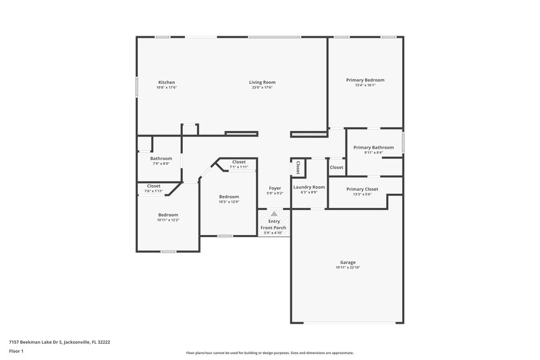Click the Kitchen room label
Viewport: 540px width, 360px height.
(166, 82)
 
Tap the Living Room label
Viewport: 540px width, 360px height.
(263, 82)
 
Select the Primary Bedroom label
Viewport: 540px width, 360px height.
(365, 80)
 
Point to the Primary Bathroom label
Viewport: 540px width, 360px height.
(373, 147)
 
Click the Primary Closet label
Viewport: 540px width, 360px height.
(362, 189)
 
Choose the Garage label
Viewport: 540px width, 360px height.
(348, 262)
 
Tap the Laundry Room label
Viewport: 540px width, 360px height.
(309, 186)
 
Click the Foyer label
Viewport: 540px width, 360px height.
(275, 188)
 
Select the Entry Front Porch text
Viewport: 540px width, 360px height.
(274, 224)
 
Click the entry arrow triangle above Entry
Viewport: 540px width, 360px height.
(274, 213)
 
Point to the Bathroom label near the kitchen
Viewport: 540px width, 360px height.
(161, 158)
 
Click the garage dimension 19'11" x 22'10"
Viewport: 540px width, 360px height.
(348, 268)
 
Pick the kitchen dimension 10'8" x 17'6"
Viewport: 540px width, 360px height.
(166, 88)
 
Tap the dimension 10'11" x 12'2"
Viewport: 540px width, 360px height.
(168, 220)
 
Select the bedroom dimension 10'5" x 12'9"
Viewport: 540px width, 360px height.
(229, 202)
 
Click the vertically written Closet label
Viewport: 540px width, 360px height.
(298, 168)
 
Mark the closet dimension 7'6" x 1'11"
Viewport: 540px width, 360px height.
(154, 191)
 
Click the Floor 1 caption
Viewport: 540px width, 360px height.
(16, 351)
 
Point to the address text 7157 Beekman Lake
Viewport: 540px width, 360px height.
(59, 342)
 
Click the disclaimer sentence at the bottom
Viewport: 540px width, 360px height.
(269, 353)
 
